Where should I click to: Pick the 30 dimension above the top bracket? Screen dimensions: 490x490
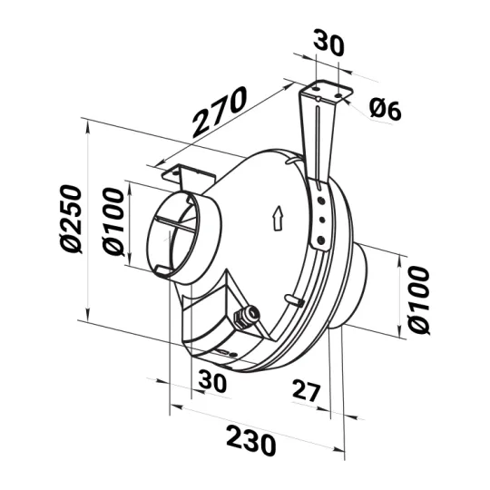point(328,43)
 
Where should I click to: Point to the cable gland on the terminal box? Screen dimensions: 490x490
point(242,317)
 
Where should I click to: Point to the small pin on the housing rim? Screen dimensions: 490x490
point(292,299)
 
